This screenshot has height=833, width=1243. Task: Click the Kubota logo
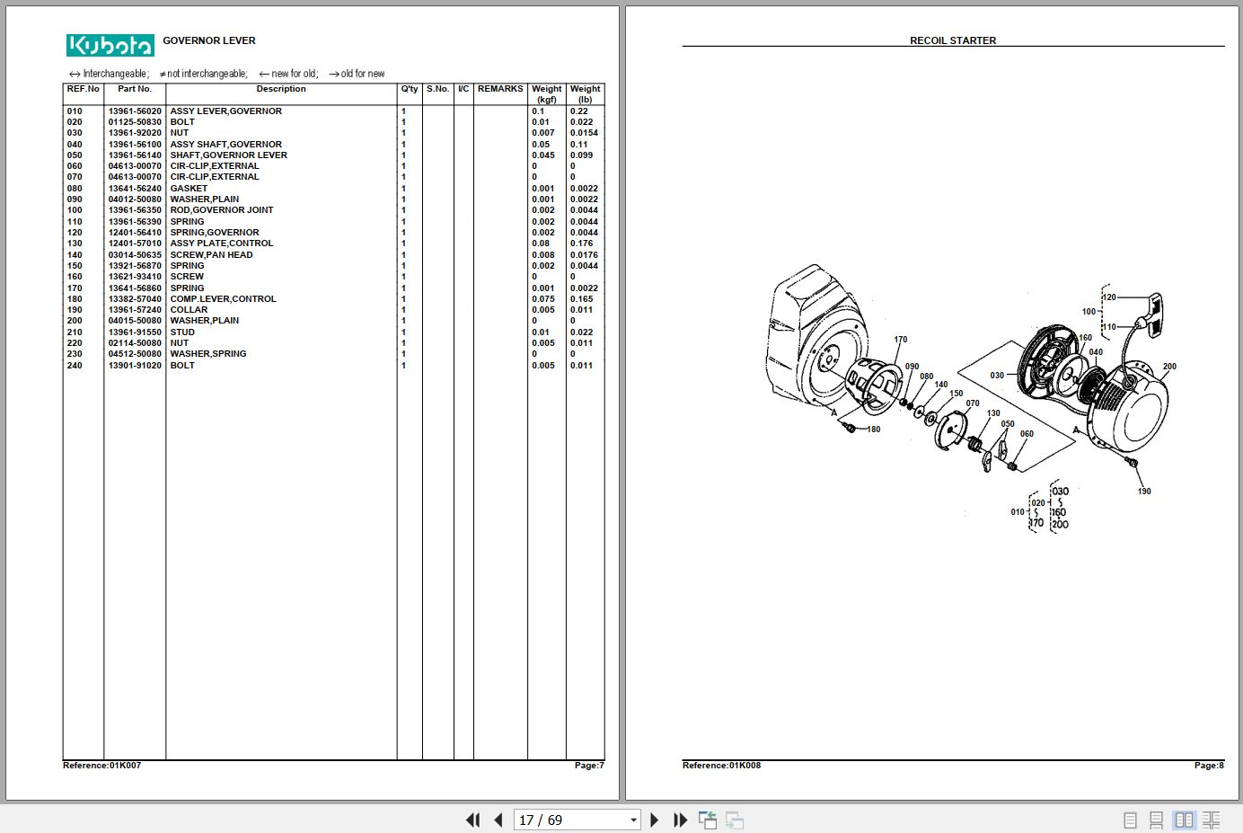110,45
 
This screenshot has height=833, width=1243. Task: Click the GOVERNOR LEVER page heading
209,40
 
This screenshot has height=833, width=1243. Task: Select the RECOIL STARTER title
953,40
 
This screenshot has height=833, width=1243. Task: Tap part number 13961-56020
135,111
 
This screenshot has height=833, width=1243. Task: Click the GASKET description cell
189,189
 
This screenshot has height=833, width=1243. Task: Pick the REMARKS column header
500,89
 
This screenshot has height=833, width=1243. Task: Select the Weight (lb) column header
585,93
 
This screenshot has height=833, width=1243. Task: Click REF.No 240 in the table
75,366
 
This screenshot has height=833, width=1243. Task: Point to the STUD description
182,332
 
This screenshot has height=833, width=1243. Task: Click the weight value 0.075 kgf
543,299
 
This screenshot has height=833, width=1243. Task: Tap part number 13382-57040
135,299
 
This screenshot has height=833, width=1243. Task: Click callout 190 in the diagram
1144,492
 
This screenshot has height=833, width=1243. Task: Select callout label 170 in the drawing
901,340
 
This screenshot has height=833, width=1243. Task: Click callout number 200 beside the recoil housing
1169,367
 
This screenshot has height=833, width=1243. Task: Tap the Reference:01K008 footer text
721,766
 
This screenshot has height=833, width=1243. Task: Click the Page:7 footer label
589,766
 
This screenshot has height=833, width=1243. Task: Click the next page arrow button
654,820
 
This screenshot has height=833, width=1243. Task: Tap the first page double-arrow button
472,820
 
